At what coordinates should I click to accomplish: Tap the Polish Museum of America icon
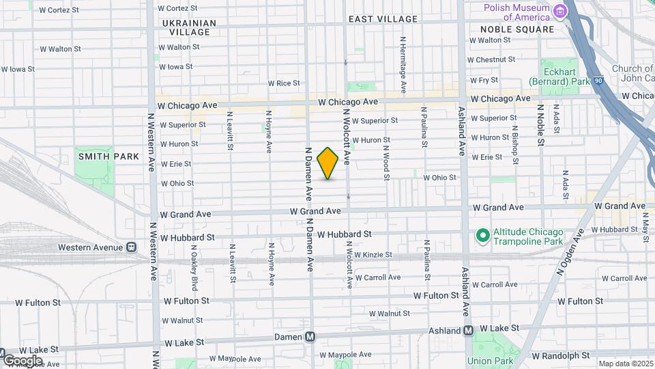coord(560,11)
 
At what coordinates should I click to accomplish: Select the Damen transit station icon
coord(310,337)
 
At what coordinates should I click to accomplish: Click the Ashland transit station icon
coord(469,331)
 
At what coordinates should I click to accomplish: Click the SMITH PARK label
coord(108,156)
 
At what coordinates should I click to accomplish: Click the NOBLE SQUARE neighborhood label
coord(517,29)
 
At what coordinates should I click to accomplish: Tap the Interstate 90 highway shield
coord(598,80)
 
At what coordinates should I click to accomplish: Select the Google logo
coord(22,360)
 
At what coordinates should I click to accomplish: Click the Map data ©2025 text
coord(625,364)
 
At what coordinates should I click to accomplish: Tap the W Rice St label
coord(284,83)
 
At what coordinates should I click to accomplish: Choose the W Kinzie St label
coord(370,255)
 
